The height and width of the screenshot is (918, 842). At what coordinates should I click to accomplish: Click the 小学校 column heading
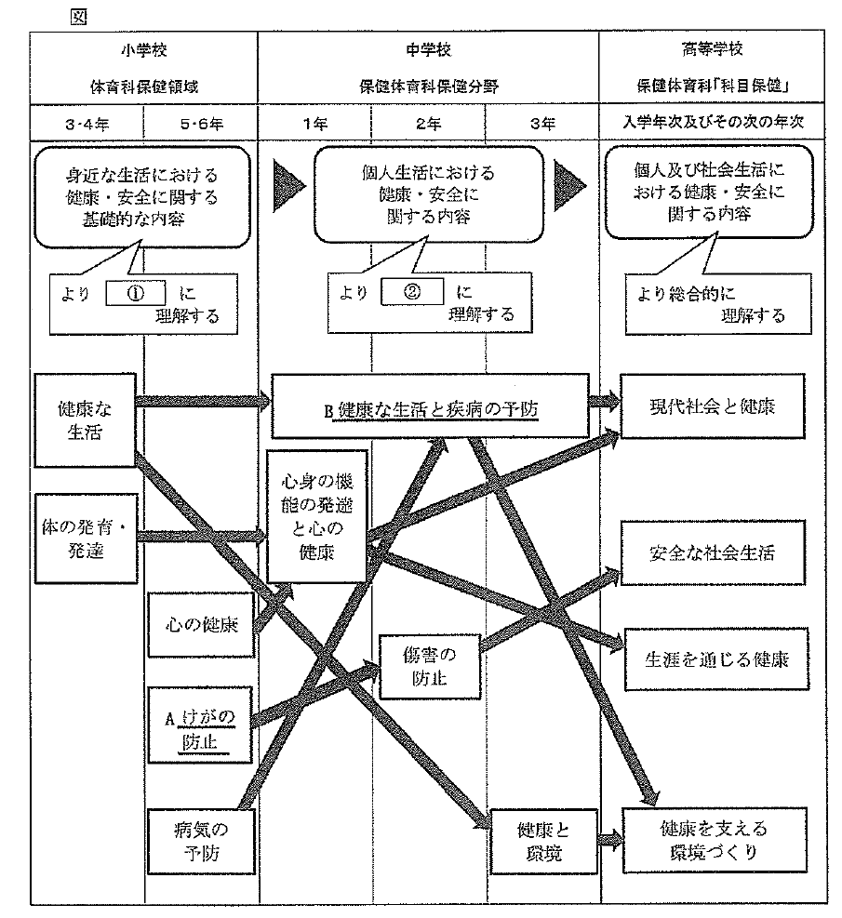143,48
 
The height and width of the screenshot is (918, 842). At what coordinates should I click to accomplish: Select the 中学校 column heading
428,48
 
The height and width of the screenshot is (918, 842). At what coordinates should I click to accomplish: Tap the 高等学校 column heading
712,48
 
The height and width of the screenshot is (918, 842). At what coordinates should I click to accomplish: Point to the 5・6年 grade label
200,122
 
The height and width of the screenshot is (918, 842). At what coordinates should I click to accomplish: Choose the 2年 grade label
428,122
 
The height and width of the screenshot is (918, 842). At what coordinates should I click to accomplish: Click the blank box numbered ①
136,291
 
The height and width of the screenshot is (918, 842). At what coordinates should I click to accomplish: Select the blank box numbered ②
411,291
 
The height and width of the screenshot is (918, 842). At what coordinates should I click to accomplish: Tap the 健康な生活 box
81,420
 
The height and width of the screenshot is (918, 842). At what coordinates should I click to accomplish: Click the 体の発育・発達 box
85,538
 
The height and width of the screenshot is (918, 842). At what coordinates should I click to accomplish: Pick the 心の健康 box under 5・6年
200,623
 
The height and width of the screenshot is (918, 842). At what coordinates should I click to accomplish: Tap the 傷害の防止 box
430,662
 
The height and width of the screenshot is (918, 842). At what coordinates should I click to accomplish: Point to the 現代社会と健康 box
712,406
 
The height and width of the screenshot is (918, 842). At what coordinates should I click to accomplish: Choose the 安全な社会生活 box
712,552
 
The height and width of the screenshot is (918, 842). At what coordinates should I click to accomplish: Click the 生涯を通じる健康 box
716,659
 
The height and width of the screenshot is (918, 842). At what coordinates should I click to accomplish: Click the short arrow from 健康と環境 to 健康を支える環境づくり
608,838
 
